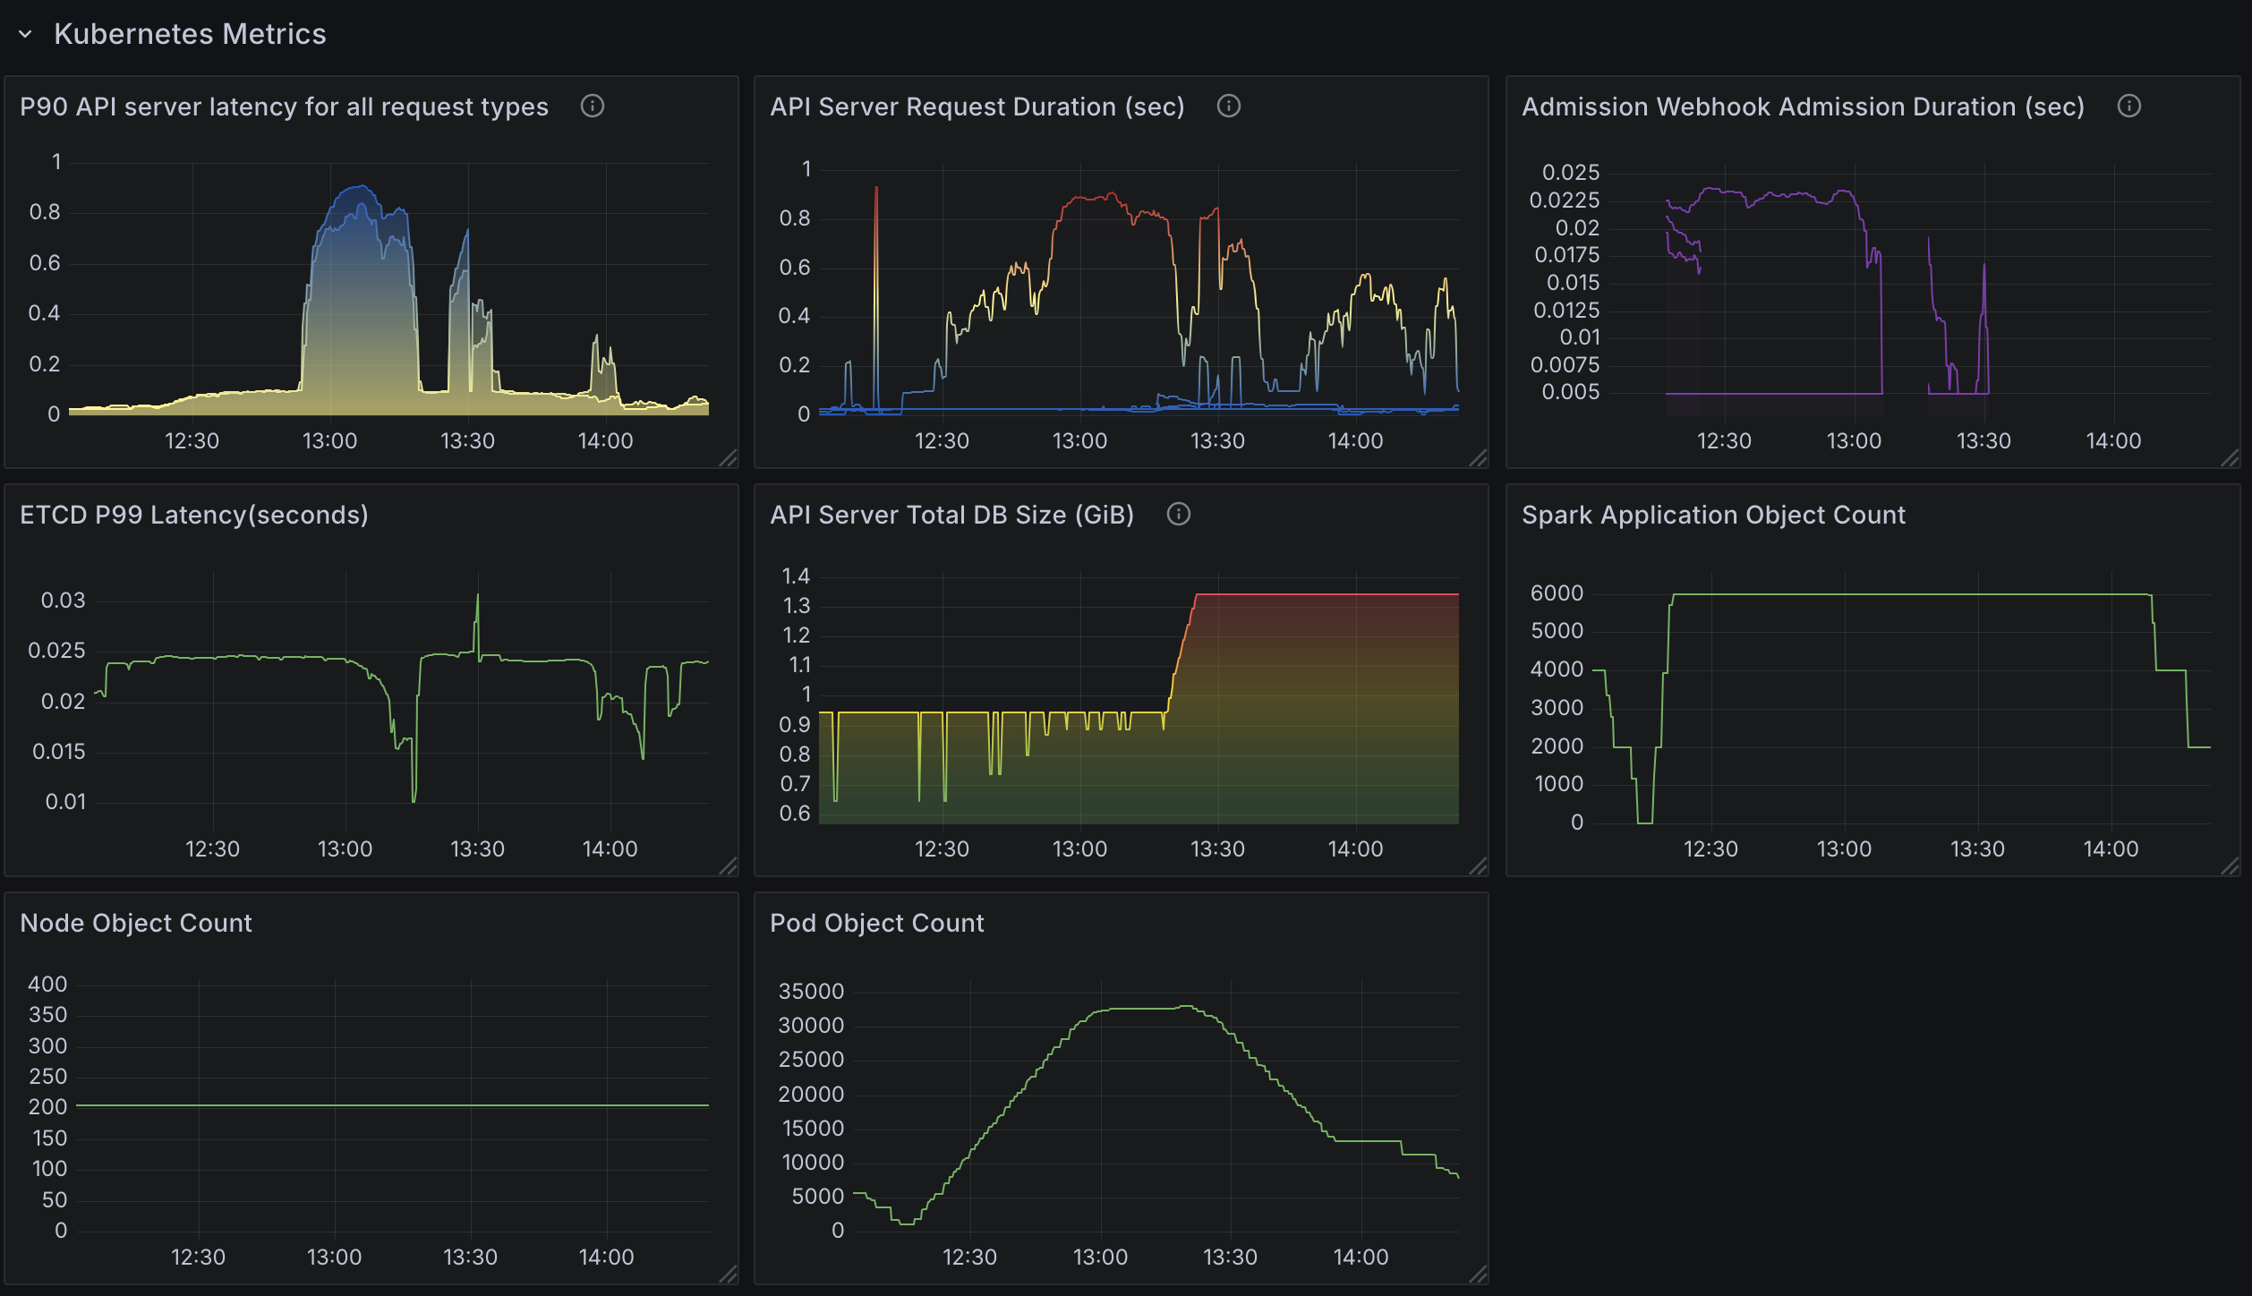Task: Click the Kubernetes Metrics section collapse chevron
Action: pyautogui.click(x=25, y=34)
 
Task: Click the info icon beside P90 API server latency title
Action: pyautogui.click(x=593, y=106)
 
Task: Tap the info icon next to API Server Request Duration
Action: pyautogui.click(x=1229, y=106)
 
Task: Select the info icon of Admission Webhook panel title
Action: pyautogui.click(x=2129, y=106)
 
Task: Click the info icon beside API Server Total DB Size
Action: pyautogui.click(x=1179, y=514)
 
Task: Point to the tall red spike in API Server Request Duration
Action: pyautogui.click(x=876, y=192)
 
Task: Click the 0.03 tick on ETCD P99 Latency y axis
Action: pyautogui.click(x=64, y=601)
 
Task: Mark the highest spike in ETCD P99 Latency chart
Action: pyautogui.click(x=477, y=597)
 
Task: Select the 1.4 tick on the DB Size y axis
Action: pyautogui.click(x=796, y=576)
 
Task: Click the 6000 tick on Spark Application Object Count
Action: pyautogui.click(x=1557, y=593)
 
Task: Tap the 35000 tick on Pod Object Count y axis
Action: pyautogui.click(x=811, y=991)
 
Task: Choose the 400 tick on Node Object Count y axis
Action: pyautogui.click(x=47, y=984)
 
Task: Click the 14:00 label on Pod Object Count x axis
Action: pyautogui.click(x=1361, y=1257)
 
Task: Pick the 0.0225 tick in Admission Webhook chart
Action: pyautogui.click(x=1564, y=200)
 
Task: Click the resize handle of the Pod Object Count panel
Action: pyautogui.click(x=1478, y=1274)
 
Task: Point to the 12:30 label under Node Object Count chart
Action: pyautogui.click(x=198, y=1257)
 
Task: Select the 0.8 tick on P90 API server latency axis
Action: pyautogui.click(x=45, y=212)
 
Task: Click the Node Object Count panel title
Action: pyautogui.click(x=136, y=923)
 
